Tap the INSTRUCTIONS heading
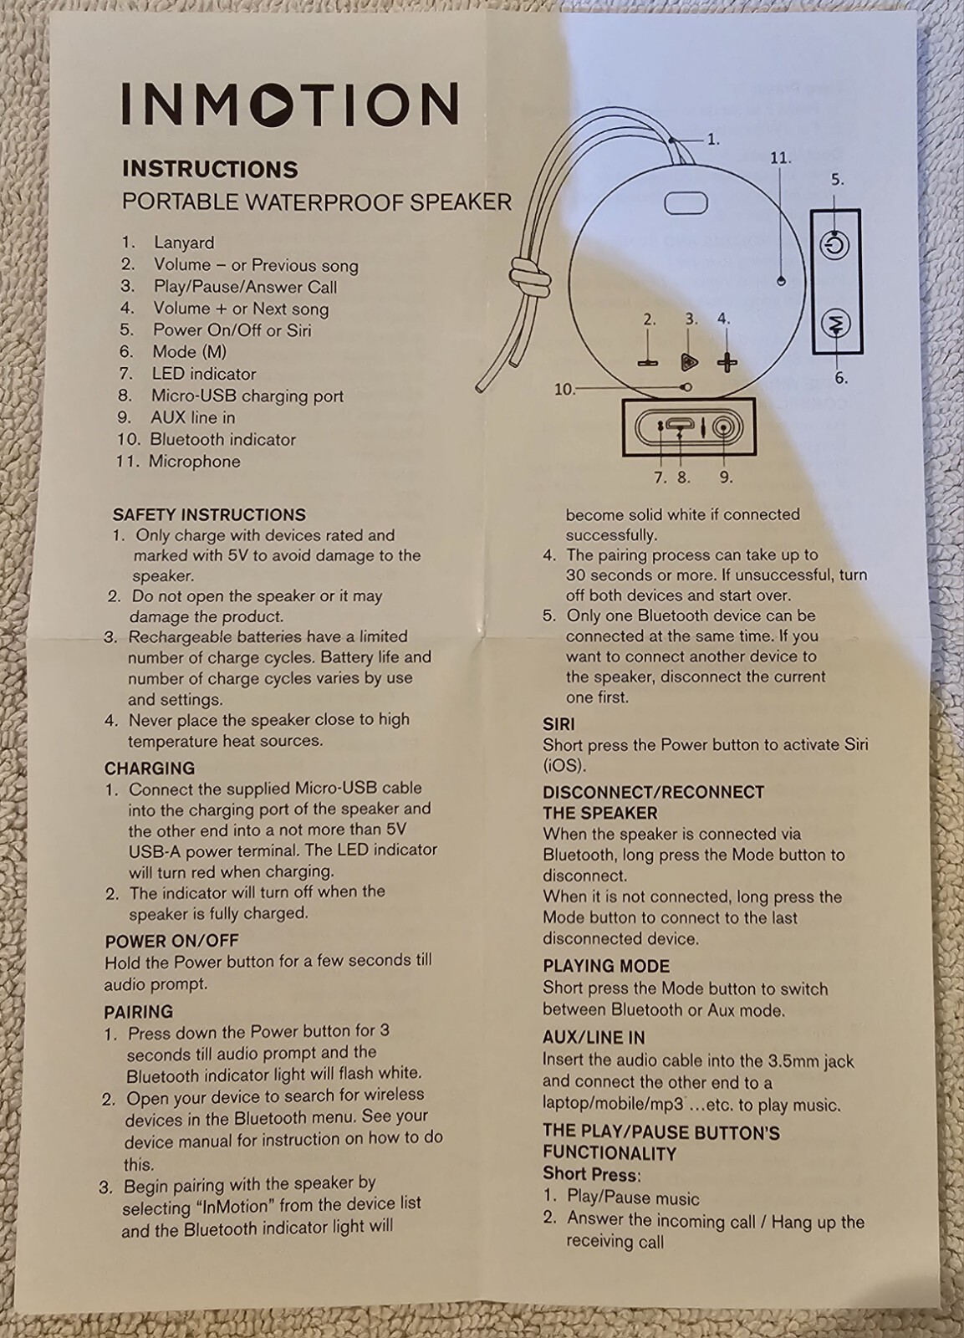click(x=210, y=169)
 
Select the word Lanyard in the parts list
click(x=184, y=243)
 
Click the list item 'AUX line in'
click(x=192, y=417)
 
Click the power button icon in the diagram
click(x=834, y=246)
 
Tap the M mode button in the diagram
click(x=836, y=323)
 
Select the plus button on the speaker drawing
click(x=727, y=362)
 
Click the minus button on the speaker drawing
click(x=648, y=363)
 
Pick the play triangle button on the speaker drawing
click(x=689, y=362)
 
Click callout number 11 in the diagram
click(x=779, y=158)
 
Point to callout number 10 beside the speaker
click(x=564, y=390)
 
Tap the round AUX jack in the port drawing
click(x=723, y=427)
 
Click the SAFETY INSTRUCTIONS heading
click(x=209, y=514)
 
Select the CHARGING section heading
click(x=150, y=768)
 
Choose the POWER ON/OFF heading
click(x=171, y=940)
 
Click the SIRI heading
click(x=559, y=723)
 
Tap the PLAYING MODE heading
click(x=606, y=966)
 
